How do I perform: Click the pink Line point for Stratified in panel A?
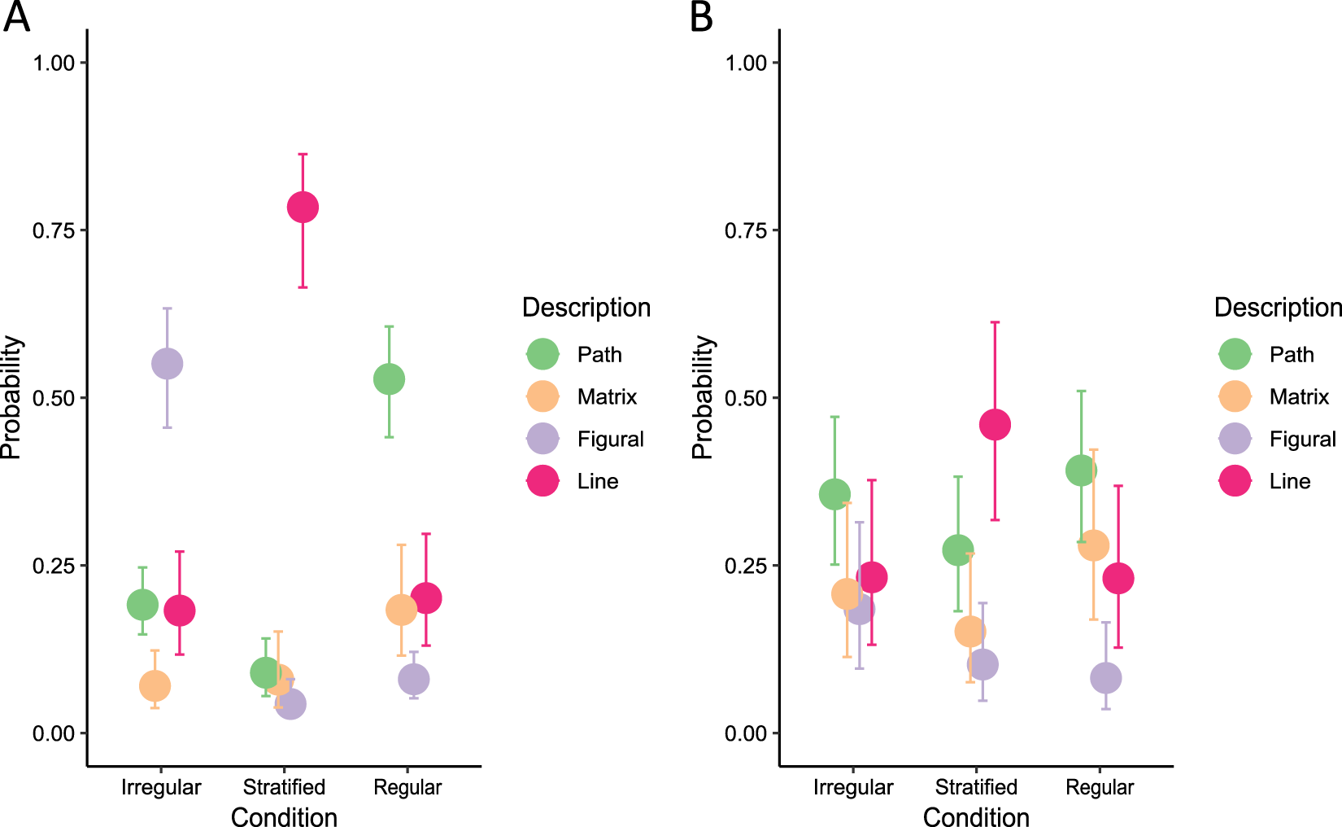pos(303,207)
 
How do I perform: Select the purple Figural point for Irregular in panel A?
pos(167,363)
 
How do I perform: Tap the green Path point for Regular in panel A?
pos(389,378)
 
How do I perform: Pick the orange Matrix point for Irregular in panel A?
pos(155,685)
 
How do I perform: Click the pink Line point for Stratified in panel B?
pos(995,424)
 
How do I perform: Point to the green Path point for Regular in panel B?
pos(1081,470)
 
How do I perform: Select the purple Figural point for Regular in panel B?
pos(1105,677)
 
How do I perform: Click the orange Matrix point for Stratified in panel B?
pos(969,631)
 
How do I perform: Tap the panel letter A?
pos(16,16)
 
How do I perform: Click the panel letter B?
pos(701,16)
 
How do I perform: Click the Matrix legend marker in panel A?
pos(542,396)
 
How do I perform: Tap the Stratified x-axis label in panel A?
pos(284,787)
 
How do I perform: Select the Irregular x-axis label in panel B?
pos(852,787)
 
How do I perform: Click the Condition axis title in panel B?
pos(976,816)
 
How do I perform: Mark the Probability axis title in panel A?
pos(11,397)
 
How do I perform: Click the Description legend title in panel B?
pos(1277,308)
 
